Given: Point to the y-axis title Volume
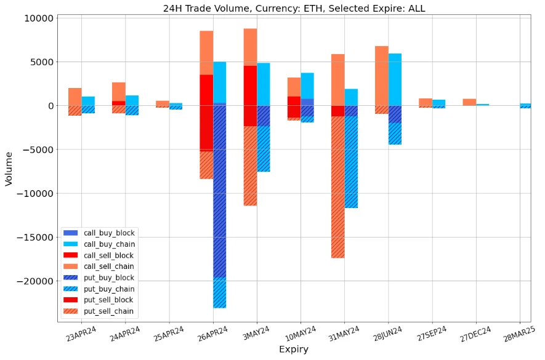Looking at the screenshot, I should click(x=9, y=169).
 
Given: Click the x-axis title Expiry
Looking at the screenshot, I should click(x=294, y=350).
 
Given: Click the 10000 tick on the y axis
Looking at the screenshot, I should click(x=39, y=18).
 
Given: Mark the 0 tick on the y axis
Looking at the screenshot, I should click(x=50, y=106).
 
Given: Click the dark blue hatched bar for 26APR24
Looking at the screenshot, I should click(x=220, y=191).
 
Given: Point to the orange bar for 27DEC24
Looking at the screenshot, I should click(x=469, y=102).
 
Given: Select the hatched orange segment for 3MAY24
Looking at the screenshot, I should click(x=250, y=166).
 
